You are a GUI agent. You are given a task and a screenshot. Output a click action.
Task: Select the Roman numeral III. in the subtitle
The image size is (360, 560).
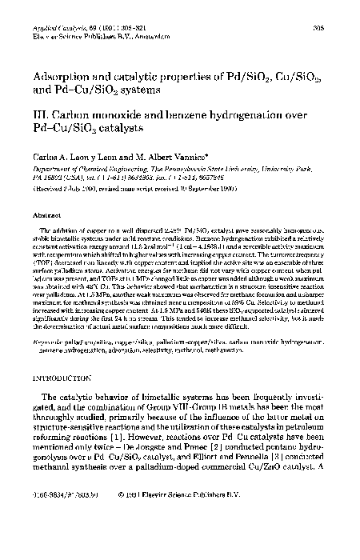[40, 114]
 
